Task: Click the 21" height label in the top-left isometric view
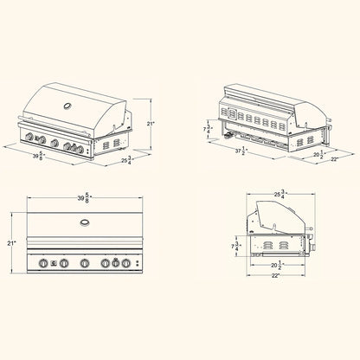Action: coord(151,124)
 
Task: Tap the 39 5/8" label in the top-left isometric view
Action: coord(40,156)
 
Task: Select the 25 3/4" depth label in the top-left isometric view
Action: coord(127,160)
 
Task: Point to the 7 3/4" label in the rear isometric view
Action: coord(209,129)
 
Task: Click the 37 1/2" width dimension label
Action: coord(241,151)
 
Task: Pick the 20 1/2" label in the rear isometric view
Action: coord(319,155)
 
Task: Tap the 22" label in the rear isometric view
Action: coord(334,159)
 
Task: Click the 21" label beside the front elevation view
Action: coord(11,243)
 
